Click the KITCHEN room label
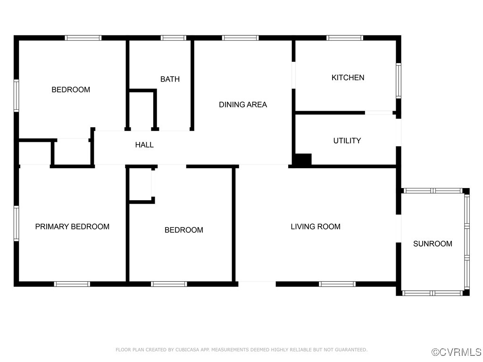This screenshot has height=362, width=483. point(348,78)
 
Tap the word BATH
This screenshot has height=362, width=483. point(170,79)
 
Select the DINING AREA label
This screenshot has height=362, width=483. point(242,105)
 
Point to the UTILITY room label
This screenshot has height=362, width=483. point(347,140)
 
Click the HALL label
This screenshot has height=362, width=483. point(144,145)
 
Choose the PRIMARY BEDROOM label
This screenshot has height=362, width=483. point(72,227)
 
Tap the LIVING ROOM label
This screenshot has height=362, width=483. point(315,227)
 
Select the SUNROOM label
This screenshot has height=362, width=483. point(433,244)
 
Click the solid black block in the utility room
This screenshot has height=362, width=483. point(302,159)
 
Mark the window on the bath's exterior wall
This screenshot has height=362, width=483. point(174,38)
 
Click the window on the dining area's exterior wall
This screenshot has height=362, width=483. point(240,38)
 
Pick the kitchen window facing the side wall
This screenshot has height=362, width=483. point(398,81)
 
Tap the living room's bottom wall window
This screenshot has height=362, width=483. point(337,284)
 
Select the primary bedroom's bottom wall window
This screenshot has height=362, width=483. point(72,284)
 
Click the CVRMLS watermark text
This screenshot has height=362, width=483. point(457,352)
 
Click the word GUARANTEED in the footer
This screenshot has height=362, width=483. point(350,350)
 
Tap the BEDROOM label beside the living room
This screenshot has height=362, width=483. point(183,230)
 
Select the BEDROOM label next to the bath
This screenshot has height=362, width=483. point(71,90)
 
